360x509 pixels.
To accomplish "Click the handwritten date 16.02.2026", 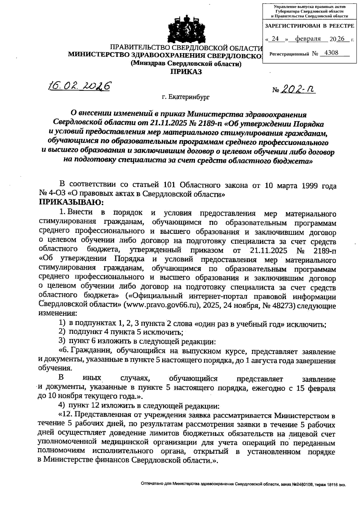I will (x=79, y=86).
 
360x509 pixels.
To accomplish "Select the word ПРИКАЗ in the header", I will (x=186, y=71).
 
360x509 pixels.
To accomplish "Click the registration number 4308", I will (x=331, y=53).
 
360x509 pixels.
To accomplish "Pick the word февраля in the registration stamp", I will (x=308, y=39).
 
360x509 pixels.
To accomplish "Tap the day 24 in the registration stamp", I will (x=275, y=39).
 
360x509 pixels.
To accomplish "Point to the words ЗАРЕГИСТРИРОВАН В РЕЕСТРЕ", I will (x=309, y=26).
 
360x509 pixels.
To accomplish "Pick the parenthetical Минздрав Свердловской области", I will (x=186, y=63).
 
